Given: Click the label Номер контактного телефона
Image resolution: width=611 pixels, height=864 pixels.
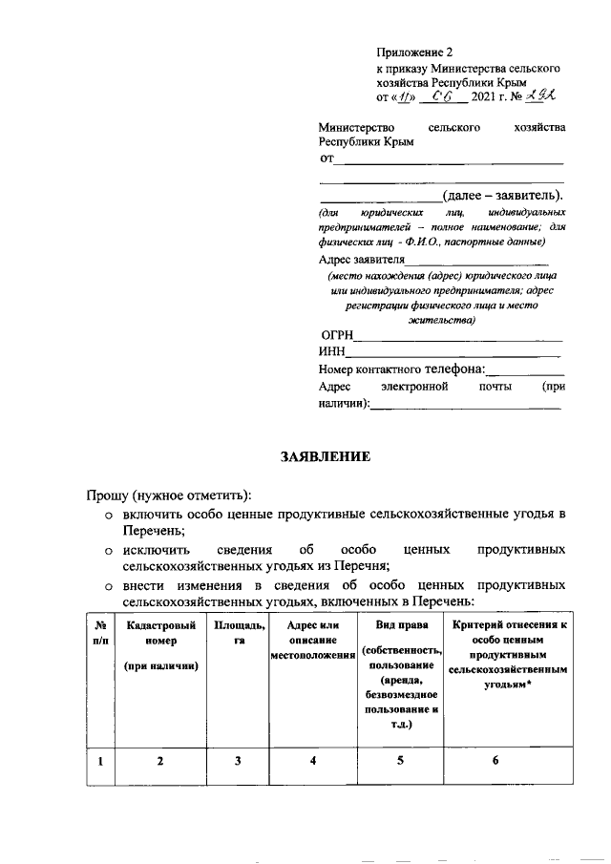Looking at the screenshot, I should click(401, 369).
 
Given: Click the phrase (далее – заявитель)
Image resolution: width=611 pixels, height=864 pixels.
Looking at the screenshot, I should click(502, 196).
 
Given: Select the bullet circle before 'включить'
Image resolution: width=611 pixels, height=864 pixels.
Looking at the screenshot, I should click(110, 516).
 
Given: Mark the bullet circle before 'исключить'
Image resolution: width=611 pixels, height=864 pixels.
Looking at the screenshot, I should click(110, 551).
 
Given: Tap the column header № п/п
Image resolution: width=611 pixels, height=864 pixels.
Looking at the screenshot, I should click(99, 632).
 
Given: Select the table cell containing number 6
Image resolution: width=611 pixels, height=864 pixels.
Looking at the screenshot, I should click(495, 760).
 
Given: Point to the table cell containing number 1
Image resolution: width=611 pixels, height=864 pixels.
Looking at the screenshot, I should click(99, 760).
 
